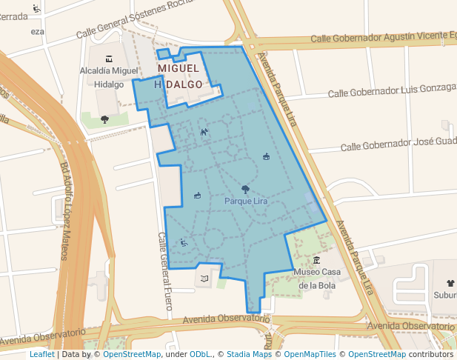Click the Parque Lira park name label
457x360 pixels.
[245, 201]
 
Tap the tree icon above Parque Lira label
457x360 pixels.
[245, 190]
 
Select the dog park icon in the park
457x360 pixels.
[204, 132]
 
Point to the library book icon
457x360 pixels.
[204, 279]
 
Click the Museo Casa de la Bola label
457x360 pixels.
[317, 278]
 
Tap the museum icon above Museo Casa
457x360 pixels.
[317, 260]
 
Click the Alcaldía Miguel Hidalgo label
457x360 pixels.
[110, 77]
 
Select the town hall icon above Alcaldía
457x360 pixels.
[110, 59]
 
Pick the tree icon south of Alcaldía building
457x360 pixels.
[104, 119]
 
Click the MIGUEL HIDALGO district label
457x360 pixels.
[179, 76]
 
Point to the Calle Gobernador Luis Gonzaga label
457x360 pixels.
[391, 90]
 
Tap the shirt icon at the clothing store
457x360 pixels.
[450, 282]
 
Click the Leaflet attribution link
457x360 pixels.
[41, 354]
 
